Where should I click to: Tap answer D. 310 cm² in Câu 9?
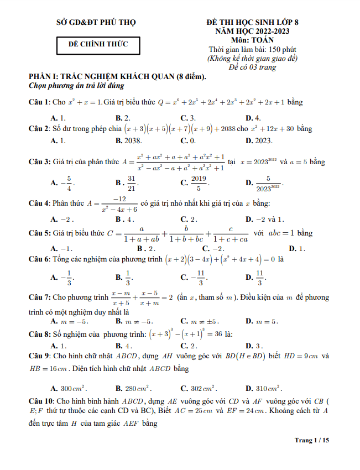[264, 388]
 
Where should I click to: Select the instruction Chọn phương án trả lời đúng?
[76, 86]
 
